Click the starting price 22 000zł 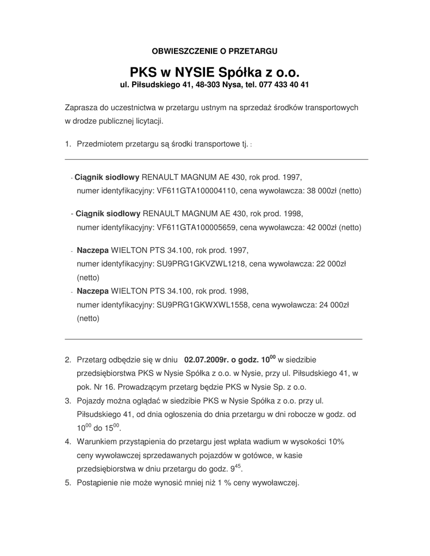click(330, 264)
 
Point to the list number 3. click(68, 401)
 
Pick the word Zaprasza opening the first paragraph click(81, 108)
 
